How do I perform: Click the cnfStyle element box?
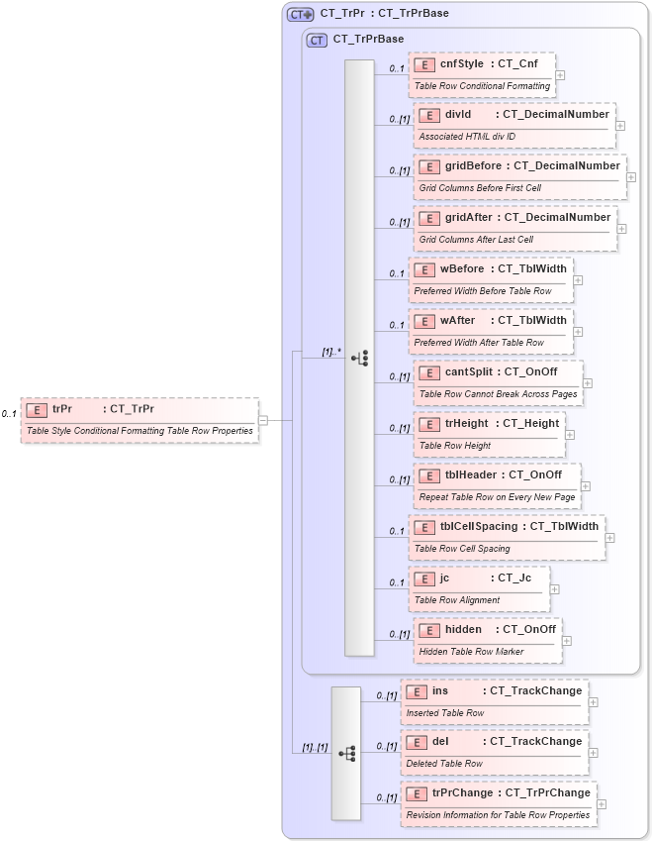click(482, 74)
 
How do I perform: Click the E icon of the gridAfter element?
click(428, 218)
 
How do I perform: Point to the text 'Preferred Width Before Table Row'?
click(483, 291)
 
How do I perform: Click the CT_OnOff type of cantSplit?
click(530, 371)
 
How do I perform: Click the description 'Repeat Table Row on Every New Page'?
click(497, 497)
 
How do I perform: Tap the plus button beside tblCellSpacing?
click(610, 538)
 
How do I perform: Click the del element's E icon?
click(417, 742)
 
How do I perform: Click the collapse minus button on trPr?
click(263, 420)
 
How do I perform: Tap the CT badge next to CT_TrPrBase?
click(317, 40)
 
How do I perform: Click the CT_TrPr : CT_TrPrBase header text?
click(384, 14)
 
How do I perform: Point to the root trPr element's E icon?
click(37, 409)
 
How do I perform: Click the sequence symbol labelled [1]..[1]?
click(346, 753)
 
